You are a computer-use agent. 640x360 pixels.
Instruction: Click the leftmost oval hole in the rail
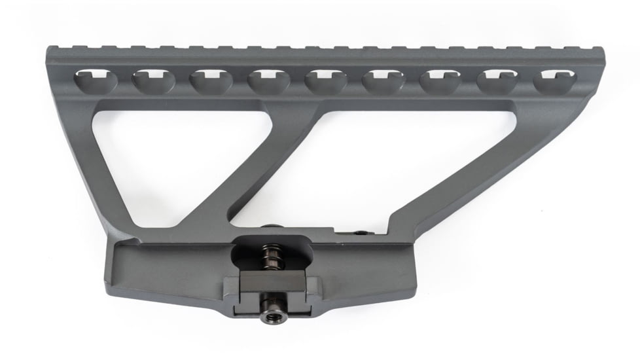tap(96, 81)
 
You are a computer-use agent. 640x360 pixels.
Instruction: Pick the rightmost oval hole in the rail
tap(554, 81)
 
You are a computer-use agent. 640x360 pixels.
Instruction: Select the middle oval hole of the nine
tap(326, 82)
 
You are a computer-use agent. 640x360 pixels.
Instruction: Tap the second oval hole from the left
tap(152, 82)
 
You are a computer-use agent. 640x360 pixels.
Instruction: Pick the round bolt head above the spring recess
tap(268, 227)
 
